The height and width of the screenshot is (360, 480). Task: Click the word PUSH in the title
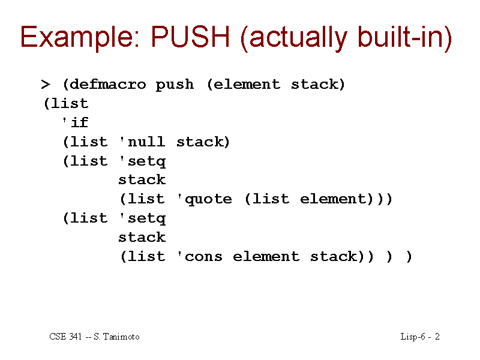click(190, 37)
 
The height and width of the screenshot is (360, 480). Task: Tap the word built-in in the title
click(401, 37)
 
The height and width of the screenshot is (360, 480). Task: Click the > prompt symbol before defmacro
click(46, 84)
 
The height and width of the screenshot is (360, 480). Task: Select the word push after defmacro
click(175, 85)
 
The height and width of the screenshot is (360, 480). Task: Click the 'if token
click(75, 122)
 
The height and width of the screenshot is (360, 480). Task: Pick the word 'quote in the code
click(205, 200)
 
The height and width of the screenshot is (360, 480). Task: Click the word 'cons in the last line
click(200, 257)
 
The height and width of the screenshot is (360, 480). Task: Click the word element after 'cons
click(266, 256)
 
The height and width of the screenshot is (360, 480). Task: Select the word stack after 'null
click(200, 142)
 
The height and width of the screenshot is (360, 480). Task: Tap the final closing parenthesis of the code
click(409, 257)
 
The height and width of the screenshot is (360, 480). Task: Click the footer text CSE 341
click(66, 337)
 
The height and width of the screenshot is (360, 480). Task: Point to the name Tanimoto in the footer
click(121, 337)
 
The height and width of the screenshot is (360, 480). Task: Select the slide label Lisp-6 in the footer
click(413, 337)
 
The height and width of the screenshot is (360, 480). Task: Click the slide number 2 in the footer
click(437, 337)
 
